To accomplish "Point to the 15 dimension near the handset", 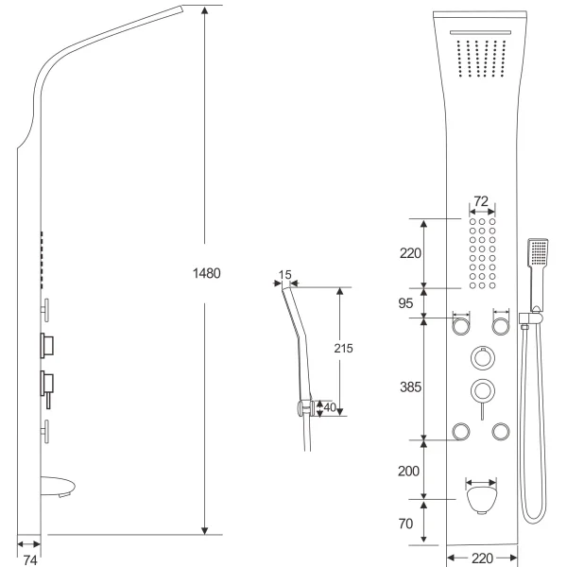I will tap(285, 276).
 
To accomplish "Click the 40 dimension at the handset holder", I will tap(330, 408).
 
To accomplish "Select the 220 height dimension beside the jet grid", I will tap(410, 253).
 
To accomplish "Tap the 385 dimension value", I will tap(410, 387).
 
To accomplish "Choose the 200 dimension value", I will tap(409, 470).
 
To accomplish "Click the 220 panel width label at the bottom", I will tap(482, 558).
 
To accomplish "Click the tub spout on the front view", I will tap(481, 498).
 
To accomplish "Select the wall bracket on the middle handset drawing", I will tap(303, 408).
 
